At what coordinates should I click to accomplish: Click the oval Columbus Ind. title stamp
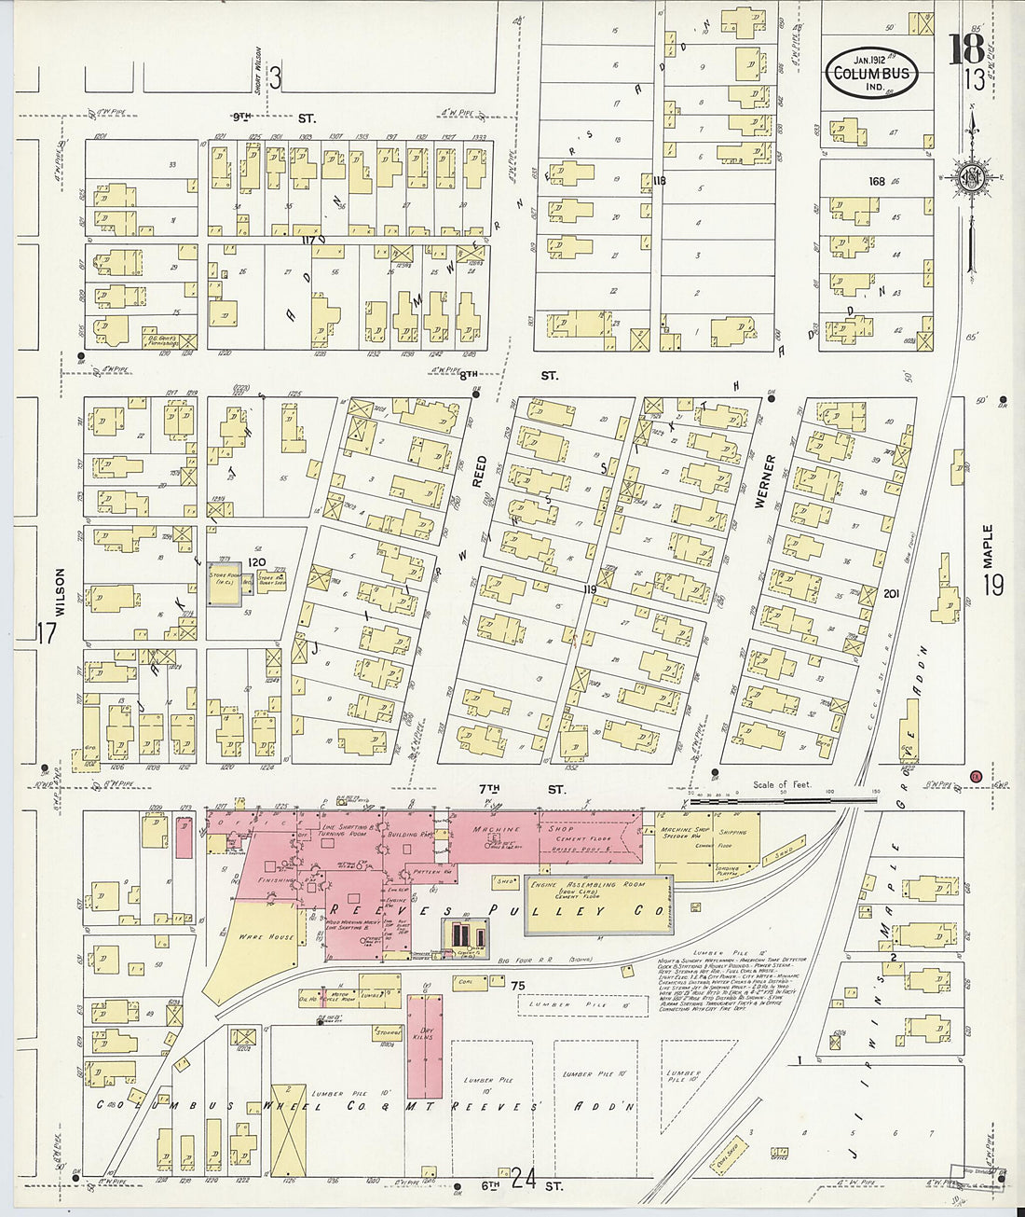[x=871, y=73]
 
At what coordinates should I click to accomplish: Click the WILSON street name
[x=61, y=593]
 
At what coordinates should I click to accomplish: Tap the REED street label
[x=480, y=472]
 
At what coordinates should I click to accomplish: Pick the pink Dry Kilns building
[x=425, y=1044]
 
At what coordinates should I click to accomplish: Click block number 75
[x=518, y=986]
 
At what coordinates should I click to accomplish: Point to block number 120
[x=256, y=563]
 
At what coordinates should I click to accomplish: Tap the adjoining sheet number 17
[x=47, y=632]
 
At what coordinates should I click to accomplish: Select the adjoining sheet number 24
[x=523, y=1179]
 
